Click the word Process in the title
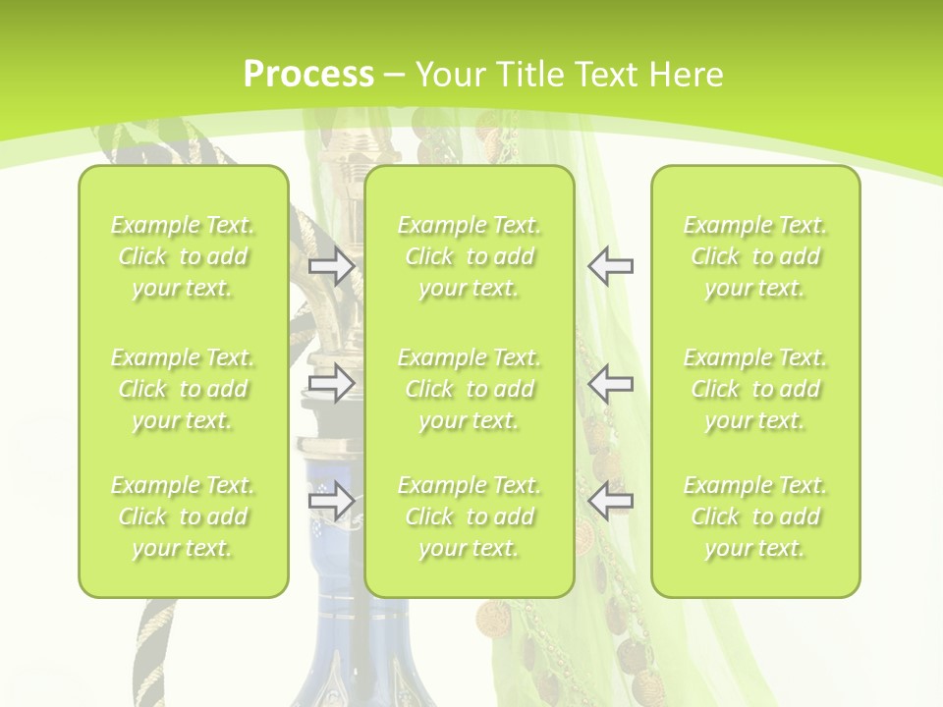click(308, 74)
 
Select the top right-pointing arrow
click(332, 265)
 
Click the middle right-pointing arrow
click(332, 383)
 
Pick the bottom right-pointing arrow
click(332, 501)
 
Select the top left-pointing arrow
click(610, 265)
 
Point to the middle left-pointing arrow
click(610, 383)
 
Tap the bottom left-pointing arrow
click(610, 501)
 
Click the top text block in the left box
click(183, 256)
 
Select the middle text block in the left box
click(183, 389)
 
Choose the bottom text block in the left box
click(183, 517)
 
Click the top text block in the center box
click(470, 256)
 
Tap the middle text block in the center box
click(470, 389)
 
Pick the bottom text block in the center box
click(470, 517)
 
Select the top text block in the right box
click(755, 256)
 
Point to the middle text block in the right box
click(755, 389)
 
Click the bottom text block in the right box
click(755, 517)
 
